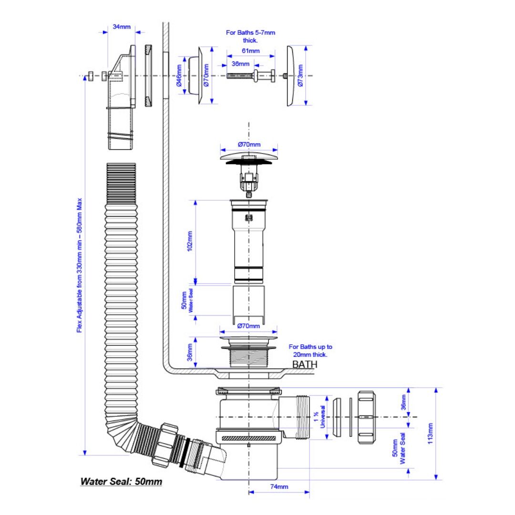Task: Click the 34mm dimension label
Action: click(x=122, y=27)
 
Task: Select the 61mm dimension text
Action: click(x=251, y=51)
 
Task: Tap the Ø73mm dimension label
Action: click(x=300, y=75)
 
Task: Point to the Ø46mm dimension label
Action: click(x=179, y=75)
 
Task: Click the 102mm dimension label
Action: click(x=190, y=241)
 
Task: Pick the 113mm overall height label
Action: click(x=430, y=433)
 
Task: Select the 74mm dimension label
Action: click(x=279, y=486)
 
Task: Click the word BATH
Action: click(x=305, y=364)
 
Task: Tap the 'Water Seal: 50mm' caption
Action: click(x=121, y=482)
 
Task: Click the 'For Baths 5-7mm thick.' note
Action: click(x=250, y=36)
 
